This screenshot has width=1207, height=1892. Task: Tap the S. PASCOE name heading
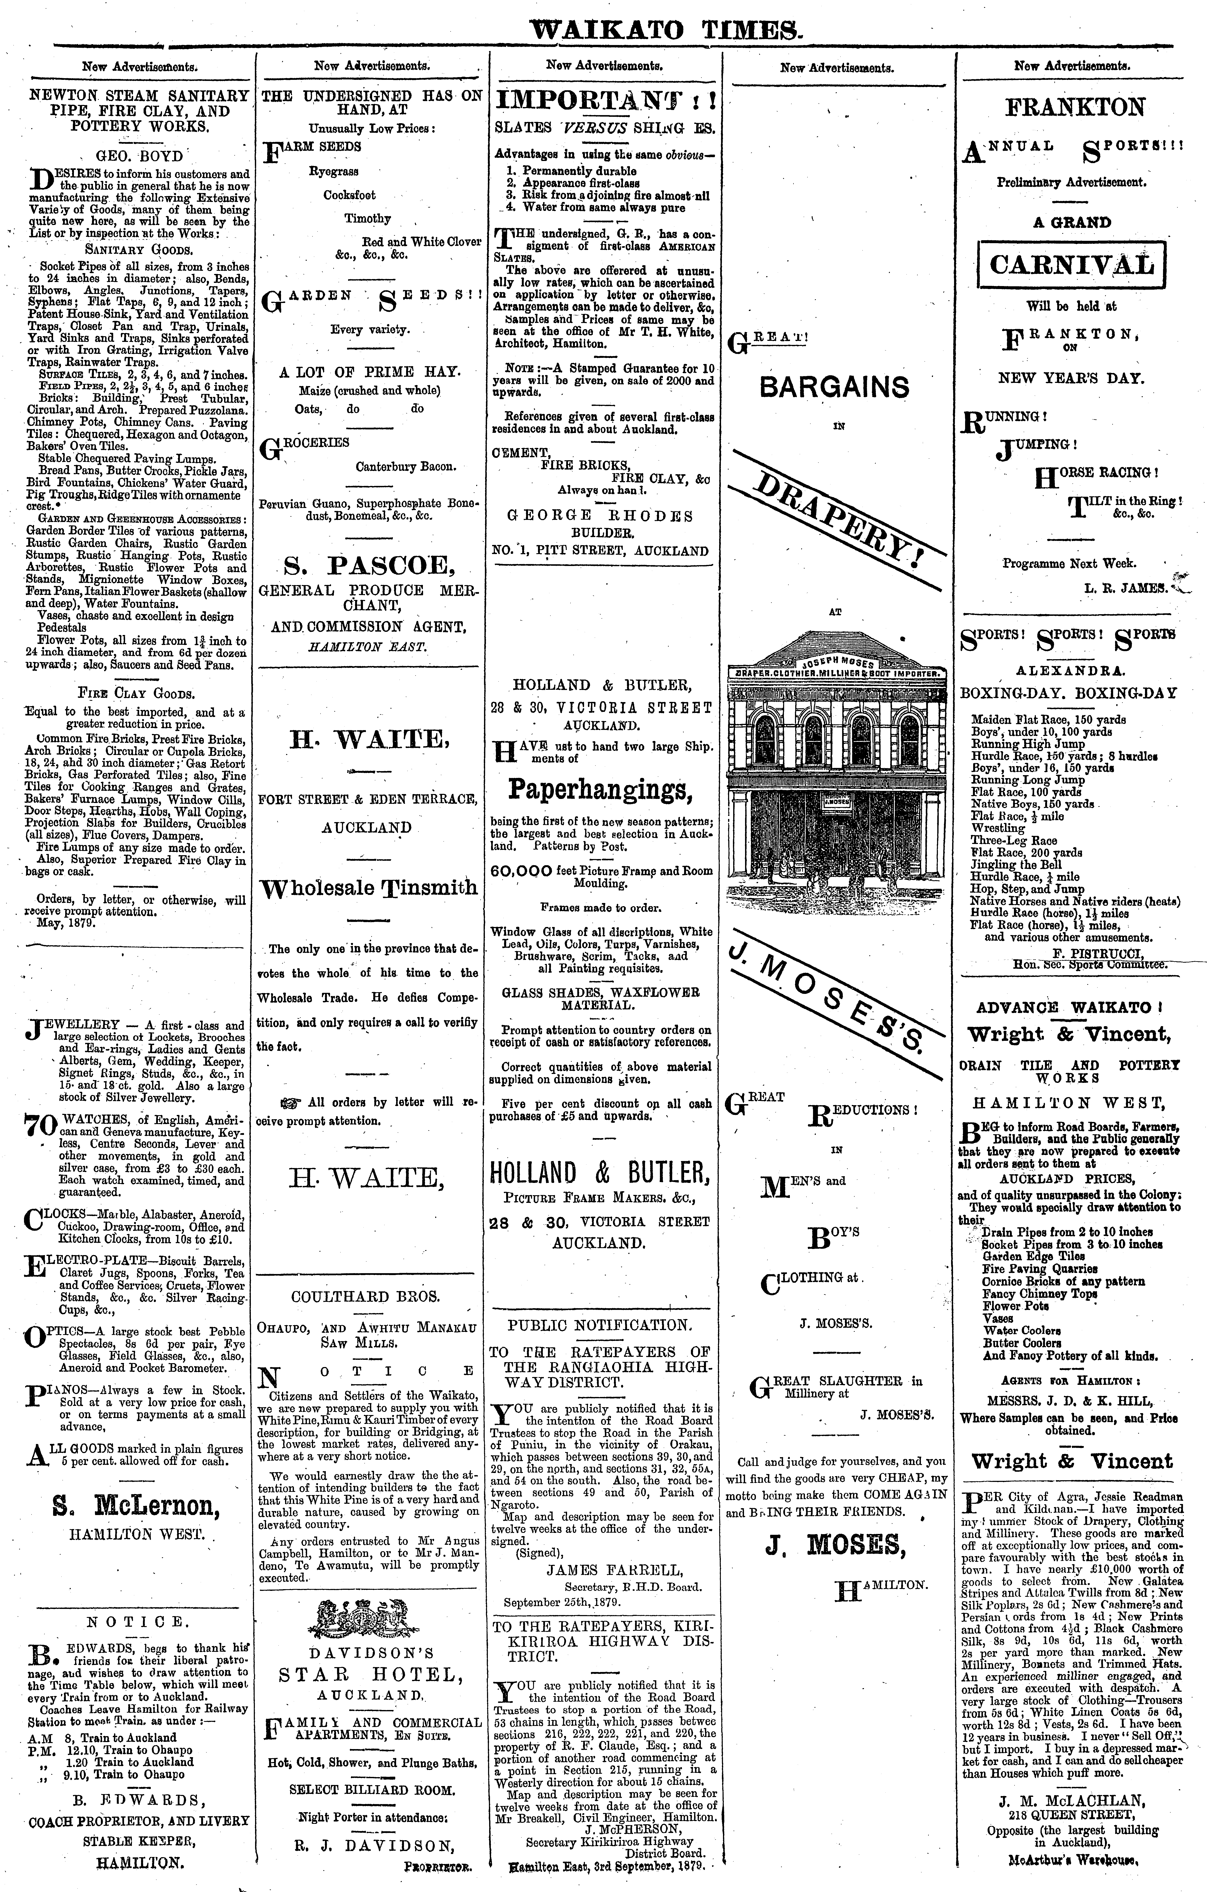[x=368, y=565]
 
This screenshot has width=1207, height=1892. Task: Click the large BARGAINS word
[x=835, y=387]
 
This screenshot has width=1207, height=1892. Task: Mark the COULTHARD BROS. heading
[x=365, y=1297]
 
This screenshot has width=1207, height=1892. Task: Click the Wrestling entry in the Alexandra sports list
[x=998, y=828]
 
